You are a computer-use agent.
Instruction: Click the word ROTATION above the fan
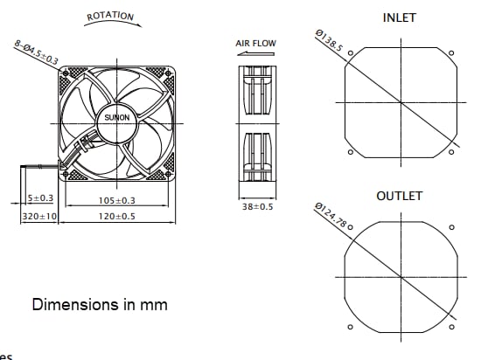(110, 16)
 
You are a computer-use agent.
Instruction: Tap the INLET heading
(400, 17)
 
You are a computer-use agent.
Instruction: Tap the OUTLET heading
(399, 196)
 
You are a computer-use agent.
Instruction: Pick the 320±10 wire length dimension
(39, 216)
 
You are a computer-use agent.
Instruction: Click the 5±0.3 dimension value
(40, 200)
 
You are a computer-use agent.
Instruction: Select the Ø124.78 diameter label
(332, 215)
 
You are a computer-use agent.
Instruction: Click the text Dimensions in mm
(100, 305)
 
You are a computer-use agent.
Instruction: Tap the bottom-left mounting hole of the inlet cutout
(350, 154)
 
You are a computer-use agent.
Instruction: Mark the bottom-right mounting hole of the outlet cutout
(451, 329)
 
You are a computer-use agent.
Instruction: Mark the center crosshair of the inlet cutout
(401, 102)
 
